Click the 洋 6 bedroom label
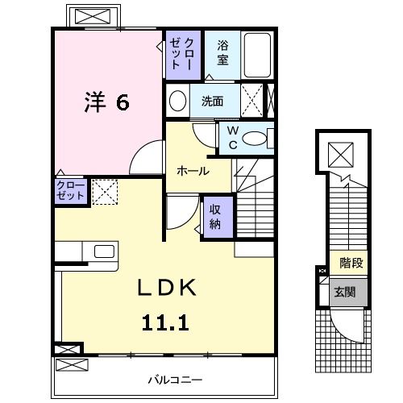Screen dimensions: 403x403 pyautogui.click(x=107, y=102)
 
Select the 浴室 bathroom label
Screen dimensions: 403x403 pyautogui.click(x=222, y=53)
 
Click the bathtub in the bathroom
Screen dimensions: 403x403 pyautogui.click(x=258, y=55)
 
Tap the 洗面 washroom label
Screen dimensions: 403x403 pyautogui.click(x=212, y=102)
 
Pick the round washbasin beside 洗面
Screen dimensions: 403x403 pyautogui.click(x=177, y=102)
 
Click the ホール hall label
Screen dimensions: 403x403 pyautogui.click(x=193, y=171)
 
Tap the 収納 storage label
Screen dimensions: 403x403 pyautogui.click(x=216, y=216)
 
